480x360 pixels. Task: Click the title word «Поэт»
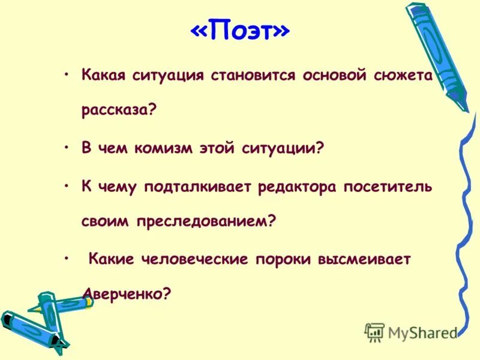239,32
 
